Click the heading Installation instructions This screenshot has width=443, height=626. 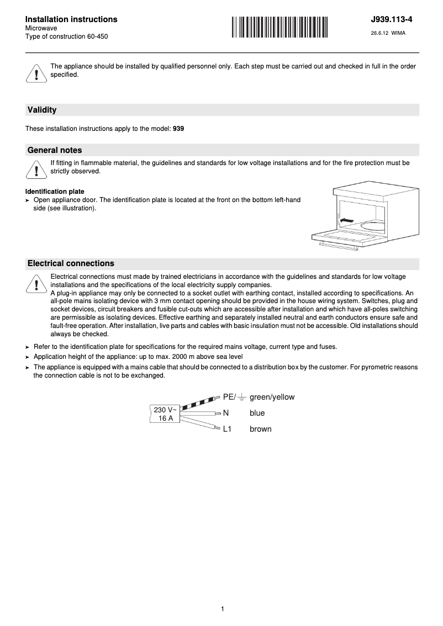click(71, 19)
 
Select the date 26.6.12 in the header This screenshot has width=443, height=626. click(379, 33)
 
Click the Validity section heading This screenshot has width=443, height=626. click(42, 110)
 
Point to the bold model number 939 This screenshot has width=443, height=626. click(178, 129)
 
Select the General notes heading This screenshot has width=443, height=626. click(55, 150)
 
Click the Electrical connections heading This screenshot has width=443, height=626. click(71, 263)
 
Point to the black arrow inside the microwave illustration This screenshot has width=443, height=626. click(346, 220)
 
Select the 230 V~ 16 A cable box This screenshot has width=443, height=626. click(165, 413)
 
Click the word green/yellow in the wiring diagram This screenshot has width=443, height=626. click(272, 397)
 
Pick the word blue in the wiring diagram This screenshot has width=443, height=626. click(257, 413)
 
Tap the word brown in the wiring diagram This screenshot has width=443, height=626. click(260, 429)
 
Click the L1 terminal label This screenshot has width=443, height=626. click(227, 429)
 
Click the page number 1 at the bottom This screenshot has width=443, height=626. click(222, 609)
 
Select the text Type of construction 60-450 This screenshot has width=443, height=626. click(67, 36)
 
